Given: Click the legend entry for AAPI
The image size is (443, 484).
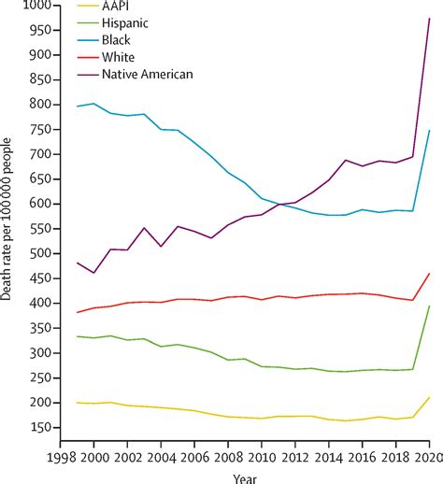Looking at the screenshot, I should [121, 7].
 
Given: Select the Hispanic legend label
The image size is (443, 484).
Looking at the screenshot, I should [130, 23].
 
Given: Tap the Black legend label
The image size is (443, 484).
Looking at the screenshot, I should [121, 40].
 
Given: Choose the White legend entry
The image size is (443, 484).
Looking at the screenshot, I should [122, 57].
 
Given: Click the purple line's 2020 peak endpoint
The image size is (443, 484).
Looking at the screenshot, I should [430, 19].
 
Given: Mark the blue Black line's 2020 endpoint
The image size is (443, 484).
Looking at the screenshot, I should [430, 131].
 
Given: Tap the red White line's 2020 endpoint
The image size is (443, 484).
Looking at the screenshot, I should [430, 274].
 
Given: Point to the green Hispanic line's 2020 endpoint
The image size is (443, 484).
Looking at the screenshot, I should [430, 306].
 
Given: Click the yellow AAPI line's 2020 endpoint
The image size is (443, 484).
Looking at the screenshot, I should [430, 397].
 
